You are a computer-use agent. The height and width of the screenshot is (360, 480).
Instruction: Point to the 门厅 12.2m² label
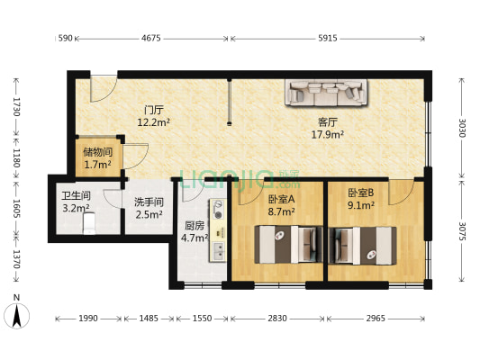(153, 115)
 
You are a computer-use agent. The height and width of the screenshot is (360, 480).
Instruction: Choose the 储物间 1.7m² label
(96, 158)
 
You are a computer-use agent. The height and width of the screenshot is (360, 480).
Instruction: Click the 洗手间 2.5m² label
(149, 208)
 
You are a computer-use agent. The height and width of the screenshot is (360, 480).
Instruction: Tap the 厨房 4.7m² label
(195, 232)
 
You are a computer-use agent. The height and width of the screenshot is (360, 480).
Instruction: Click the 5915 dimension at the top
(328, 38)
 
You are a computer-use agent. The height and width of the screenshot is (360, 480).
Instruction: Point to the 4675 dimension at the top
(151, 38)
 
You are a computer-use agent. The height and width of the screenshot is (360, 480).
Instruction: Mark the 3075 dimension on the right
(460, 231)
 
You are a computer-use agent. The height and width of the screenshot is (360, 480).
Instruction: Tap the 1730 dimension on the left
(15, 108)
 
